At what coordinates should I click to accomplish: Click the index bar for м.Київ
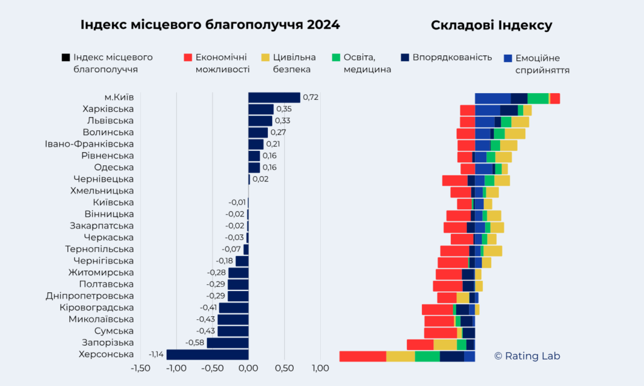(x=274, y=97)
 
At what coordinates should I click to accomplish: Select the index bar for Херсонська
(x=208, y=355)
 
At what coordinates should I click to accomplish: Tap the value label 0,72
(x=311, y=97)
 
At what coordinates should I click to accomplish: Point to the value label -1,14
(x=156, y=355)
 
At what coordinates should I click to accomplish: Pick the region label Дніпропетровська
(x=90, y=296)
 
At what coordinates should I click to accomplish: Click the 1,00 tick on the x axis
(x=320, y=368)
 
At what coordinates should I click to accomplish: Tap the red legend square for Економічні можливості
(x=187, y=58)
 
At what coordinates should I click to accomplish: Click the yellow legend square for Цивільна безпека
(x=265, y=58)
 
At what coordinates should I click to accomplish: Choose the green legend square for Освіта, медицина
(x=336, y=58)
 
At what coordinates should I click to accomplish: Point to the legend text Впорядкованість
(x=452, y=58)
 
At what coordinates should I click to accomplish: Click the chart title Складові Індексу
(x=491, y=25)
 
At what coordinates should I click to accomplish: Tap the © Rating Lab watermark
(x=526, y=356)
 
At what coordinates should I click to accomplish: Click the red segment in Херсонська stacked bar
(x=362, y=356)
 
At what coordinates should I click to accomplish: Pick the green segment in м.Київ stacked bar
(x=538, y=98)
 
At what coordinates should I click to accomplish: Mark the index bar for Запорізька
(x=228, y=343)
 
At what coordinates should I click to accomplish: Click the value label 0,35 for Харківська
(x=284, y=109)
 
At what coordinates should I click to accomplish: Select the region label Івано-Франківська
(x=89, y=144)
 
